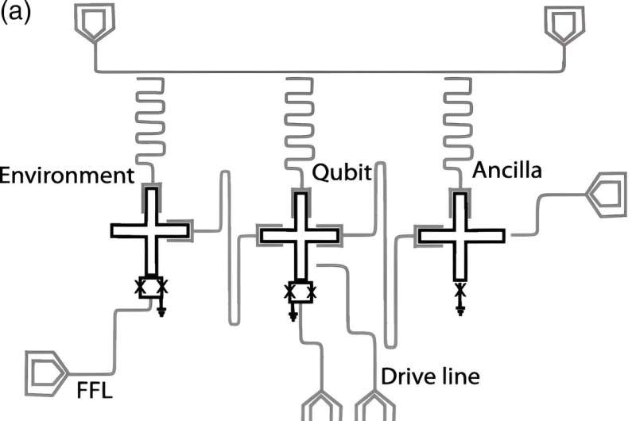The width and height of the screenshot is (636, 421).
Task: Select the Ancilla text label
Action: pos(506,172)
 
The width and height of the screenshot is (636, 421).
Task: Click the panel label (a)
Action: pos(15,14)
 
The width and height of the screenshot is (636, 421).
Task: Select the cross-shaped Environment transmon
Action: pos(150,231)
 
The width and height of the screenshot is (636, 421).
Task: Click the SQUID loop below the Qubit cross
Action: pos(299,293)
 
